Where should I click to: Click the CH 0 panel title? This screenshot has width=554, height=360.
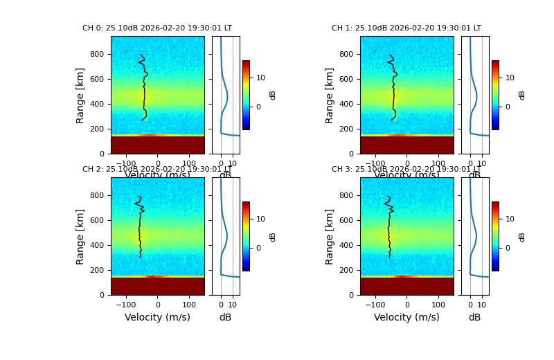click(157, 28)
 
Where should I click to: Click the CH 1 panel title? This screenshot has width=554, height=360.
click(406, 28)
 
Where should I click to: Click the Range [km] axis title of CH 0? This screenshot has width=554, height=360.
click(80, 95)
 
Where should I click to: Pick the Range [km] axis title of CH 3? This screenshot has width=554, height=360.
click(330, 236)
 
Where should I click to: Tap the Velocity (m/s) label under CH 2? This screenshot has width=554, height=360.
click(157, 317)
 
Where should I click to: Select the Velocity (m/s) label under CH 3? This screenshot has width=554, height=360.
click(406, 317)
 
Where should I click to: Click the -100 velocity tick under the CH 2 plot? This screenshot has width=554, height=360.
click(125, 305)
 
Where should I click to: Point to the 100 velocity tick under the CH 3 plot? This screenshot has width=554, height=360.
click(438, 305)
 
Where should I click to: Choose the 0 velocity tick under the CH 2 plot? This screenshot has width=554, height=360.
click(157, 305)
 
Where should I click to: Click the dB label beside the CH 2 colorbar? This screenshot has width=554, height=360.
click(273, 236)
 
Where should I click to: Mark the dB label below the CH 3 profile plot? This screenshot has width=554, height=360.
click(474, 317)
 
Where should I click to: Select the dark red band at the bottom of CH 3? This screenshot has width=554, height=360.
click(406, 286)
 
